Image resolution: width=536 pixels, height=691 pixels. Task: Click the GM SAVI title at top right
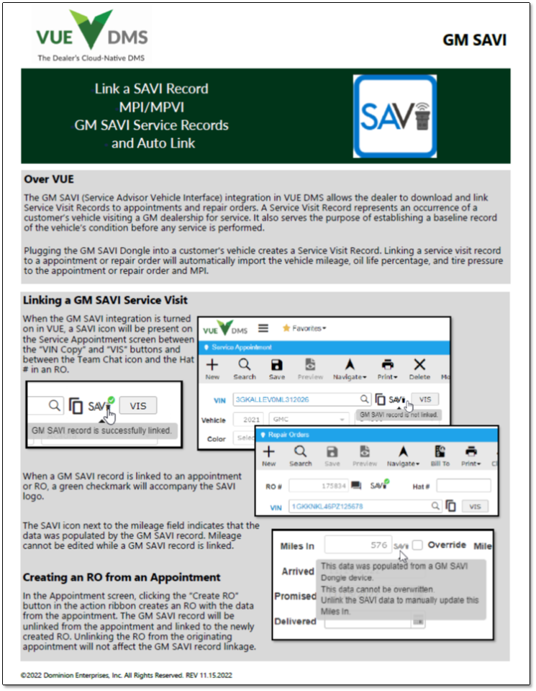tap(474, 40)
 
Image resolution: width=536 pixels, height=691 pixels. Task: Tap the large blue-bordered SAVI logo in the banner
tap(395, 116)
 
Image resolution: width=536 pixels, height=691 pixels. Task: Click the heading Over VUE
tap(49, 179)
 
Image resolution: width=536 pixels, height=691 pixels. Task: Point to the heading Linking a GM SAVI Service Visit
tap(105, 300)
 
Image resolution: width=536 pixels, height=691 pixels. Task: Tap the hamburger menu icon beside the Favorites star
tap(263, 328)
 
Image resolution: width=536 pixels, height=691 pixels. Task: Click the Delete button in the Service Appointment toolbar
tap(419, 369)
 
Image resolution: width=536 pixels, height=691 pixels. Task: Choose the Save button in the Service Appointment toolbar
tap(276, 369)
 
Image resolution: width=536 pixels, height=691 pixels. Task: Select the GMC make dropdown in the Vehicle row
tap(309, 418)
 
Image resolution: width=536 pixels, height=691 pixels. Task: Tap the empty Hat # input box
tap(463, 486)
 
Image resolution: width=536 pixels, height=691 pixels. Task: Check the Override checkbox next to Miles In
tap(417, 545)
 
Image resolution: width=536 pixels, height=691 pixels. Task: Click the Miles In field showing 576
tap(358, 546)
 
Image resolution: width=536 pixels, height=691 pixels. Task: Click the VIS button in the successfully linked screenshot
tap(137, 405)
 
